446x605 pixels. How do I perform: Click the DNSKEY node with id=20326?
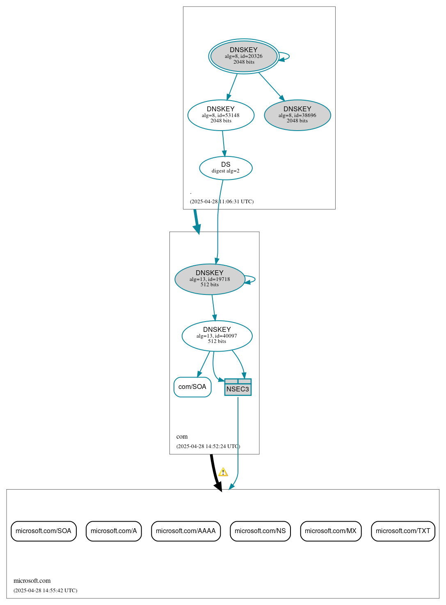tap(244, 56)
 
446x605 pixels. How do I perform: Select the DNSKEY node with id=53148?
tap(221, 115)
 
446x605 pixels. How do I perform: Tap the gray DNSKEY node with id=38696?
tap(297, 115)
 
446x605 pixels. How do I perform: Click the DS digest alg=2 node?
tap(226, 168)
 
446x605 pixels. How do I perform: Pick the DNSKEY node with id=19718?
tap(210, 279)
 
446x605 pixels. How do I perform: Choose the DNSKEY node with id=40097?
tap(217, 336)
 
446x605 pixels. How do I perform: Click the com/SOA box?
tap(192, 387)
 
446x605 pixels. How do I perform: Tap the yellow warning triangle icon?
tap(223, 472)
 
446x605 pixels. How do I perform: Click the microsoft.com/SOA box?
tap(43, 531)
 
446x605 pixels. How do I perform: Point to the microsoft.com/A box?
tap(114, 531)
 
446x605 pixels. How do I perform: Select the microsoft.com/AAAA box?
tap(186, 531)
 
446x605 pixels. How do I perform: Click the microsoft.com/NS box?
tap(260, 531)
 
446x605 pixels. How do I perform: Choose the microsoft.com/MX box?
tap(331, 531)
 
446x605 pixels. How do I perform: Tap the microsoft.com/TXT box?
tap(403, 531)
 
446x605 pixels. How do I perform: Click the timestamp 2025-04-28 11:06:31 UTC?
tap(222, 202)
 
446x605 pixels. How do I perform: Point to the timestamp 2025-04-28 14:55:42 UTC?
tap(45, 591)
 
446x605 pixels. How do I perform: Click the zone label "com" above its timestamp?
tap(182, 437)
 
